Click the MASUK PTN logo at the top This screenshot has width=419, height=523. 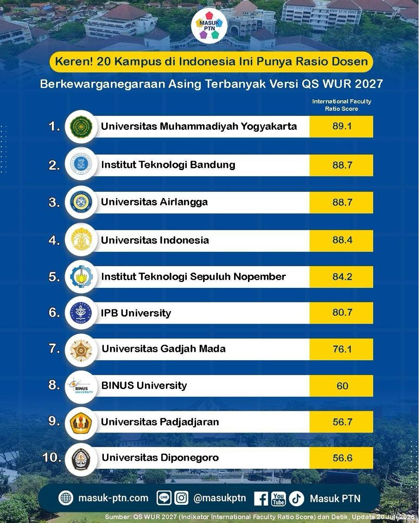pos(209,26)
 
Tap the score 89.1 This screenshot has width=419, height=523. pos(342,126)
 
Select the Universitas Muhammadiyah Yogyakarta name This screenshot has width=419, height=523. pos(199,127)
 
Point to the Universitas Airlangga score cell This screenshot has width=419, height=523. pos(341,203)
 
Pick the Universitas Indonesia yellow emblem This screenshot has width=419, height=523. pos(81,239)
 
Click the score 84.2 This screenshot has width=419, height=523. pos(343,277)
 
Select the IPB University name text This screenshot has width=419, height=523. pos(136,313)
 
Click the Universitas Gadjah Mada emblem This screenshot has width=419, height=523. pos(81,350)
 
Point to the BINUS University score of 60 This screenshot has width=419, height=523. pos(343,386)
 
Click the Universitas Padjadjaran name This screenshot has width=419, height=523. pos(160,422)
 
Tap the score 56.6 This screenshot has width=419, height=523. pos(343,458)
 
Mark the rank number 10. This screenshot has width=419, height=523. pos(51,457)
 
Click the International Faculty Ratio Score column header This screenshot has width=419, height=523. pos(342,105)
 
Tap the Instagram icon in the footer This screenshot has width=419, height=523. pos(181,498)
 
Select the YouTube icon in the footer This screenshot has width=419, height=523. pos(279,499)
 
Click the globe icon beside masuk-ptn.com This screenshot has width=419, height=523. pos(66,498)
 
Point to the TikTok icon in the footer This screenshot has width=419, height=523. pos(296,499)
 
